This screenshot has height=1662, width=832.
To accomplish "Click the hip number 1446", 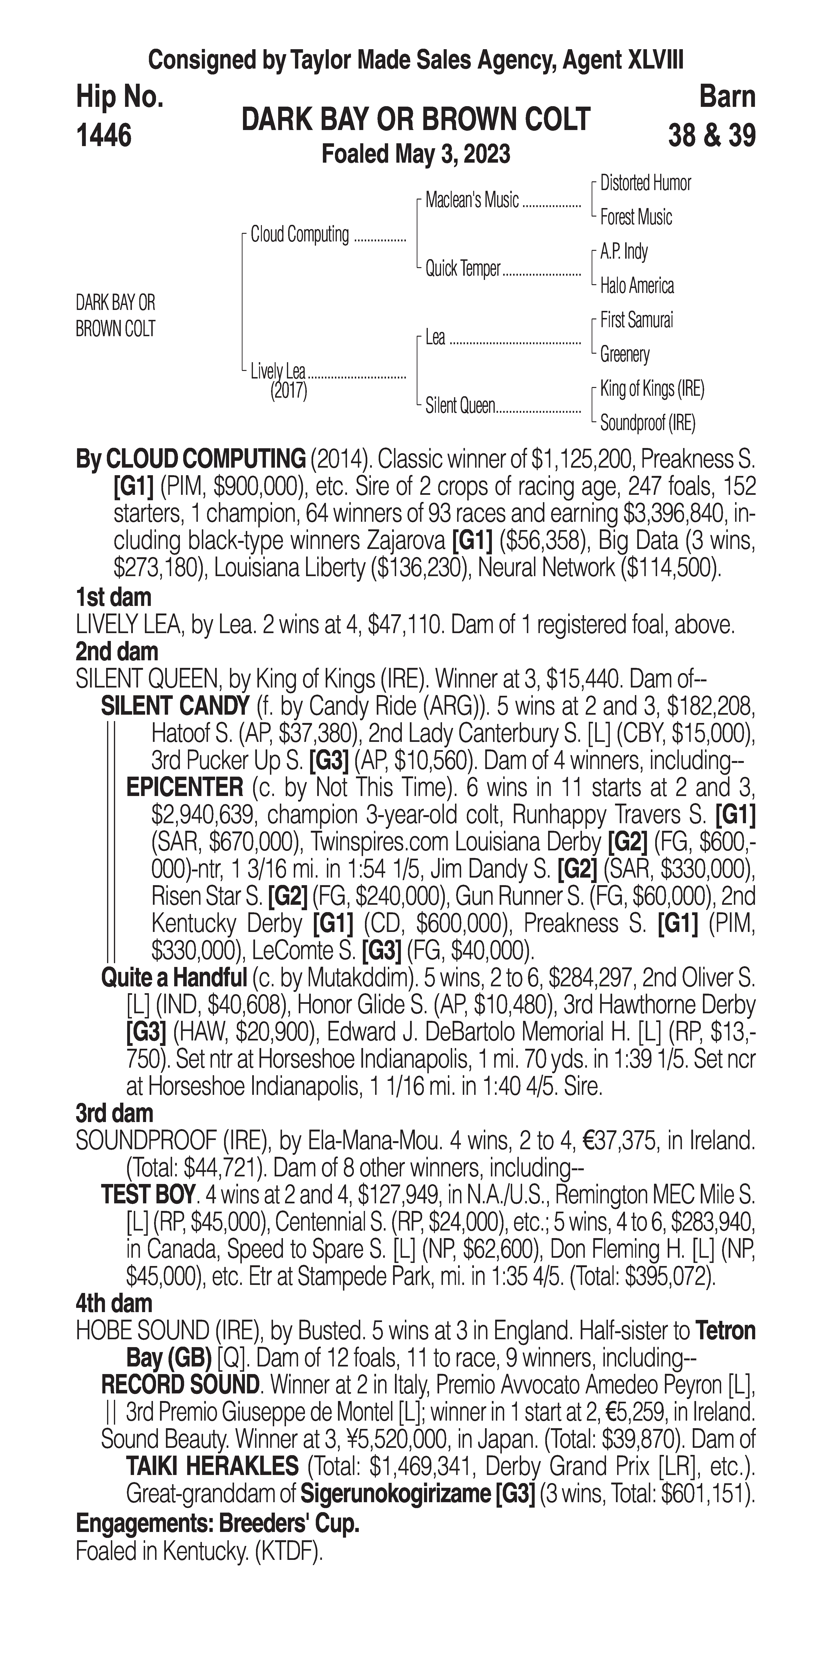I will coord(104,135).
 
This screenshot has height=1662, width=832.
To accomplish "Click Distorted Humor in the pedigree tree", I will coord(645,183).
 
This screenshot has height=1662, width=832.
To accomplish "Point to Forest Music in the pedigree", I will coord(636,218).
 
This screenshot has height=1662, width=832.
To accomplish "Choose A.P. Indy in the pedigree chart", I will coord(624,252).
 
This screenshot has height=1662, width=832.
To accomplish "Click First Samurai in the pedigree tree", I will coord(636,320).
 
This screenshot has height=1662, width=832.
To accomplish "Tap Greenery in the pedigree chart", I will coord(624,354).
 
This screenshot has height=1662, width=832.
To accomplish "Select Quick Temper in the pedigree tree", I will coord(462,268).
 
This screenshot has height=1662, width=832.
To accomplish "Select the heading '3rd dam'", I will coord(114,1113).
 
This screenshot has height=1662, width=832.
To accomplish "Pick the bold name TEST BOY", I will coord(148,1195).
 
